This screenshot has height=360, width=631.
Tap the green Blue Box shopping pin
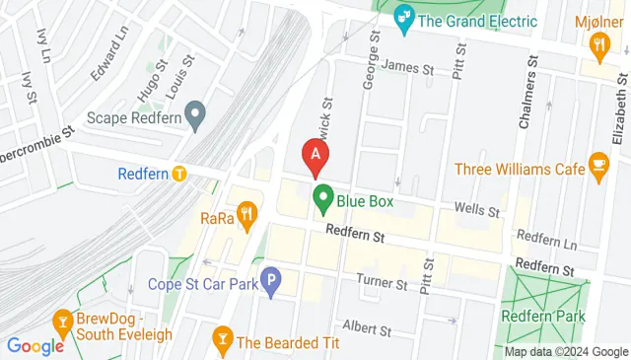pyautogui.click(x=322, y=197)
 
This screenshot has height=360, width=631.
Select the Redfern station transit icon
pyautogui.click(x=179, y=174)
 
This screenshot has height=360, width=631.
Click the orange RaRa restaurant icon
pyautogui.click(x=246, y=212)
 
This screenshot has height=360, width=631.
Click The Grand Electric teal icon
pyautogui.click(x=402, y=17)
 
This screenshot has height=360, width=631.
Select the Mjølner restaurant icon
pyautogui.click(x=598, y=45)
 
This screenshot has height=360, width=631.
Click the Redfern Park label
pyautogui.click(x=543, y=316)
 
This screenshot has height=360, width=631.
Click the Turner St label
pyautogui.click(x=383, y=284)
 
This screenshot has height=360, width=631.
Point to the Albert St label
pyautogui.click(x=366, y=326)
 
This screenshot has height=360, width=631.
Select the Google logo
pyautogui.click(x=35, y=346)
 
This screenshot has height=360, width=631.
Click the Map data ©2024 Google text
pyautogui.click(x=566, y=352)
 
